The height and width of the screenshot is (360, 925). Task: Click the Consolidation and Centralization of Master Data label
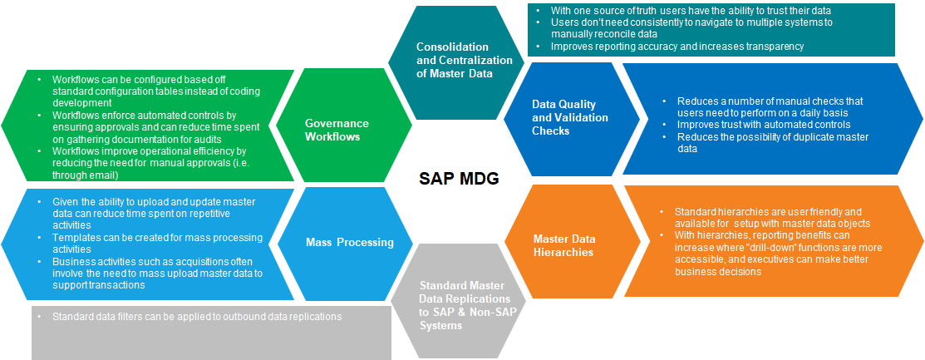click(x=452, y=60)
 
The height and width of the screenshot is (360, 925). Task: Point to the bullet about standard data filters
click(x=196, y=317)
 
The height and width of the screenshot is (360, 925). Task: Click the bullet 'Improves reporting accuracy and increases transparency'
click(x=677, y=47)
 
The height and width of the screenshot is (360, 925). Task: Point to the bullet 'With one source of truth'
click(x=690, y=10)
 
